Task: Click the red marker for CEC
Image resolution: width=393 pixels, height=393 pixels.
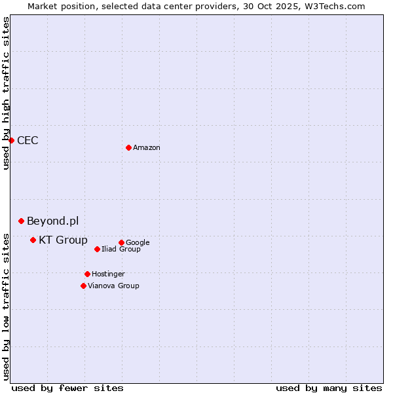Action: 11,140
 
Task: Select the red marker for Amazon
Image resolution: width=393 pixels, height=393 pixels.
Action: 128,147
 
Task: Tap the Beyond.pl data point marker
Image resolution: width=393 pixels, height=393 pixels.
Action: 21,221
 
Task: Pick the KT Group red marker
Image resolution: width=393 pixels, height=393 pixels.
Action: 33,240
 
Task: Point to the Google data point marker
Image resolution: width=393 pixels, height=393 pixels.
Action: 121,242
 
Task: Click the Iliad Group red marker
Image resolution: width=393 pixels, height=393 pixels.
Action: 97,249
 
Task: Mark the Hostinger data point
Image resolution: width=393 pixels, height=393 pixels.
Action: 87,274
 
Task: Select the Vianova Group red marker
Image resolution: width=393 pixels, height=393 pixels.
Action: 83,286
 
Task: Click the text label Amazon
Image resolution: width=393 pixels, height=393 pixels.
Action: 147,148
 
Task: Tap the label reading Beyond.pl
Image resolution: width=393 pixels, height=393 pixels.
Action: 52,221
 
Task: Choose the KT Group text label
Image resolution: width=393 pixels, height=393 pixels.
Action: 63,240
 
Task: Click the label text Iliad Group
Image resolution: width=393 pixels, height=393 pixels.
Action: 121,250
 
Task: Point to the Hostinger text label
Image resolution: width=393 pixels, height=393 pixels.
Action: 108,274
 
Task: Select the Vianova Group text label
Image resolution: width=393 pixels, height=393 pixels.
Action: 113,286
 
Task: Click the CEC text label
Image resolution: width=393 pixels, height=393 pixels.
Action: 28,141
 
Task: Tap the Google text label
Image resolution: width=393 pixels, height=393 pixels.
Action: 138,243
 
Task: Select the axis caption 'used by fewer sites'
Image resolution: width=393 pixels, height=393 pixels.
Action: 67,388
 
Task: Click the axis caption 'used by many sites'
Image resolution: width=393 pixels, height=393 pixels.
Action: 329,388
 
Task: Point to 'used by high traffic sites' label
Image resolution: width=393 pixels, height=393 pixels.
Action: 6,93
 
